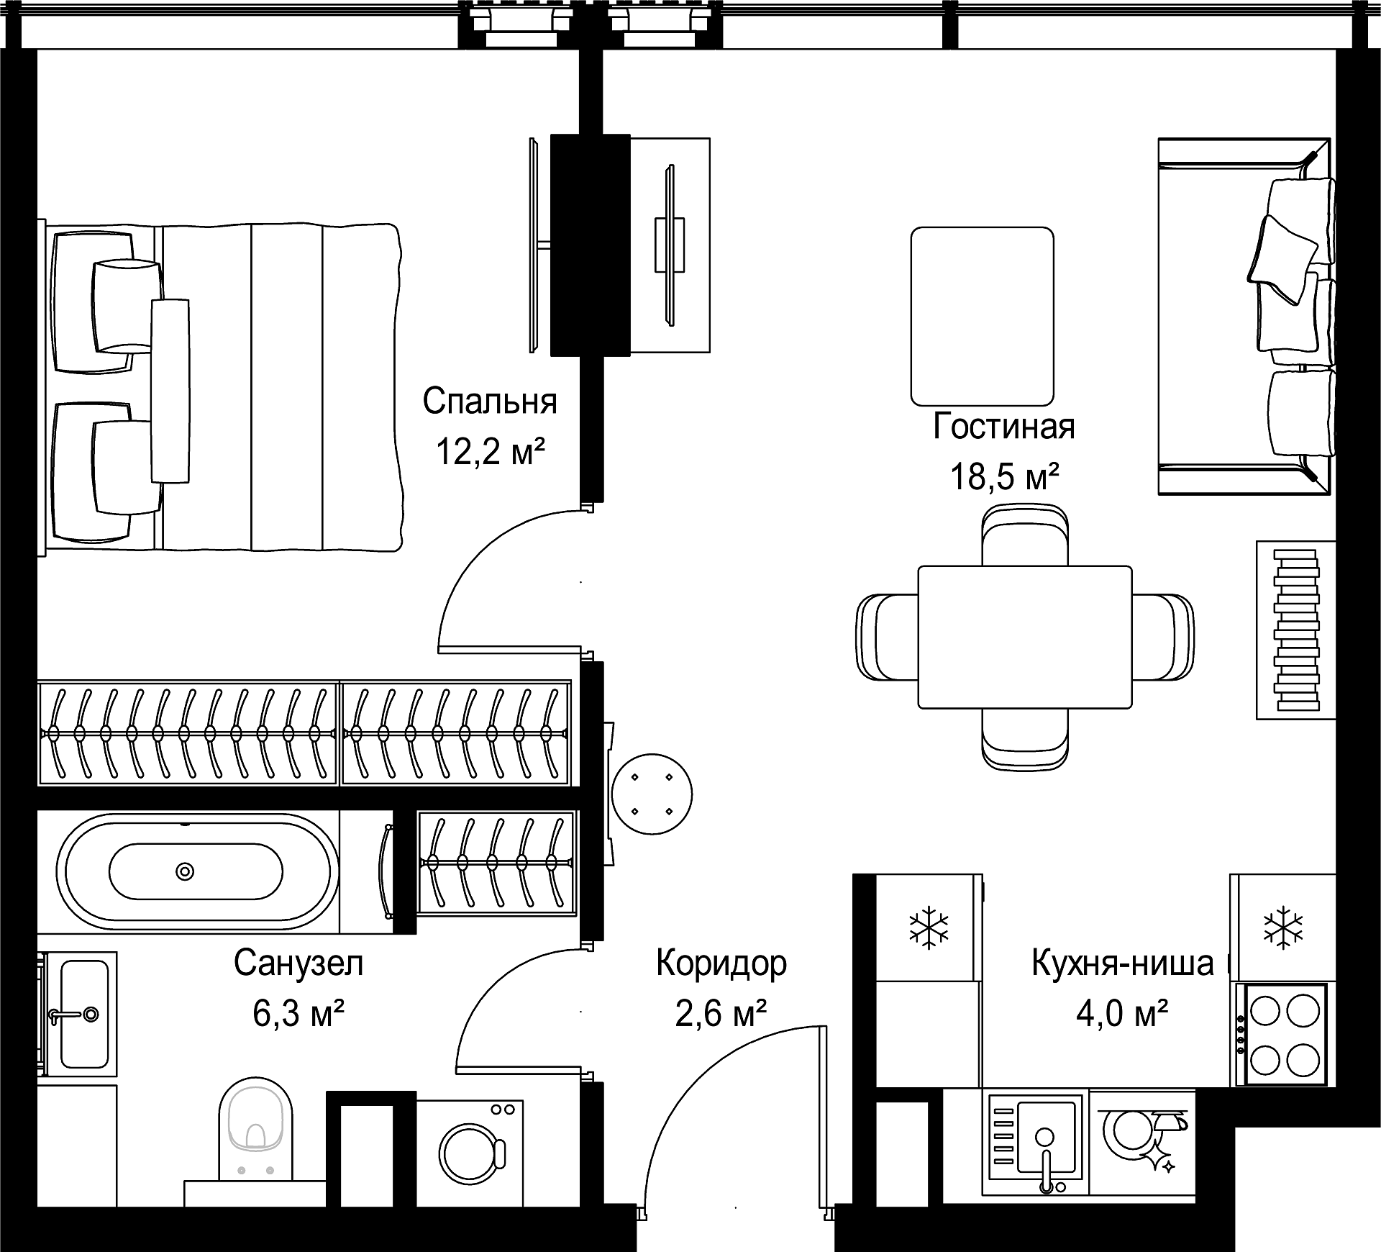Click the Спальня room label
click(x=490, y=401)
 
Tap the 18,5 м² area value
click(x=1004, y=476)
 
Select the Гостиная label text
click(x=1004, y=426)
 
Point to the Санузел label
click(x=298, y=963)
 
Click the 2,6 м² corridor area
click(x=721, y=1014)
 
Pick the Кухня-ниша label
click(x=1123, y=963)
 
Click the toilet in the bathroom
click(x=255, y=1136)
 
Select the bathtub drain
click(x=186, y=871)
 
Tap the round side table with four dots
click(x=652, y=794)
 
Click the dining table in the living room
click(x=1025, y=637)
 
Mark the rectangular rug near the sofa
click(x=982, y=317)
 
